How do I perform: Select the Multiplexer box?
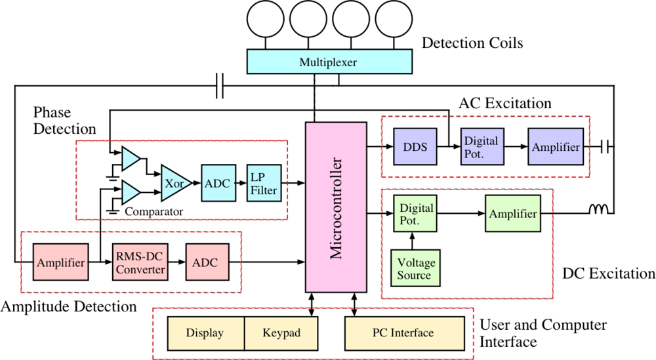pyautogui.click(x=329, y=63)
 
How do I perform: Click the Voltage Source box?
pyautogui.click(x=414, y=269)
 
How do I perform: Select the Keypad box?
pyautogui.click(x=281, y=333)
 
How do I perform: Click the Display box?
pyautogui.click(x=205, y=333)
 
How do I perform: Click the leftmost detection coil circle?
pyautogui.click(x=265, y=20)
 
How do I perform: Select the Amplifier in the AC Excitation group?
pyautogui.click(x=556, y=147)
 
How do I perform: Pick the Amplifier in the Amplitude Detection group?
pyautogui.click(x=61, y=263)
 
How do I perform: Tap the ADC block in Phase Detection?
pyautogui.click(x=217, y=184)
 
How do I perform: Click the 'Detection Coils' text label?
pyautogui.click(x=472, y=43)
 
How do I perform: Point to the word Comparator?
pyautogui.click(x=153, y=212)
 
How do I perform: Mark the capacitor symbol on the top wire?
pyautogui.click(x=220, y=85)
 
